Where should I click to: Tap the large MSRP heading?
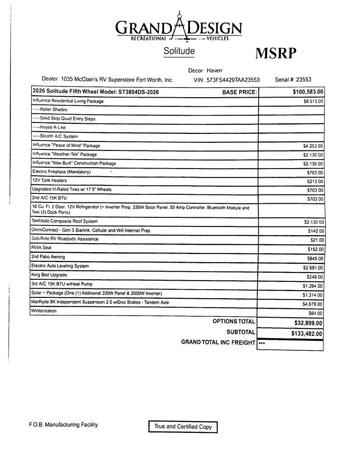[x=276, y=53]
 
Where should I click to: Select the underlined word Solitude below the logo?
[x=179, y=51]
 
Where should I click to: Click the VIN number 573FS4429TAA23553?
[x=233, y=80]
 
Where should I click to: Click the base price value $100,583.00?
[x=308, y=92]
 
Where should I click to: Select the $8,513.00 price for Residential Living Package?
[x=313, y=101]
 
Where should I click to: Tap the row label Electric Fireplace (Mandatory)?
[x=62, y=172]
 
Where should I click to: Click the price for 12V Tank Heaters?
[x=315, y=181]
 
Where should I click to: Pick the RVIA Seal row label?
[x=42, y=248]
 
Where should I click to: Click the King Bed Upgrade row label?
[x=50, y=275]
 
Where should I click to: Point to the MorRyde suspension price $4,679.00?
[x=313, y=304]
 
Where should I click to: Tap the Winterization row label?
[x=44, y=311]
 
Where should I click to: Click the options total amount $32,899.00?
[x=306, y=323]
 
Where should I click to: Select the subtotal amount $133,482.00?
[x=307, y=334]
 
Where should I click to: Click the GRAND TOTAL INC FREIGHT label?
[x=218, y=343]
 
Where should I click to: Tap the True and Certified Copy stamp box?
[x=183, y=426]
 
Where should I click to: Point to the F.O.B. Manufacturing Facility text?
[x=63, y=425]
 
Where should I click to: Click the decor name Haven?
[x=214, y=71]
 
